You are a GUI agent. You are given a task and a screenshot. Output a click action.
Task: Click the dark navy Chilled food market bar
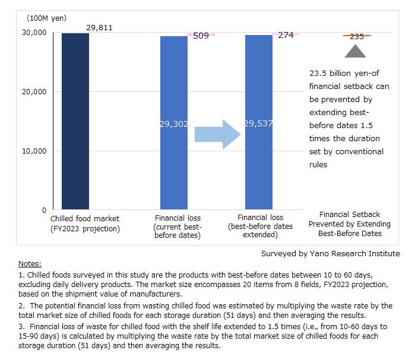[75, 121]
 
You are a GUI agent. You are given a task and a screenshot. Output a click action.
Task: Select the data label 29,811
[99, 27]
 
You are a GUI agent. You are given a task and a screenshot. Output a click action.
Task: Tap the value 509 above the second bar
[201, 36]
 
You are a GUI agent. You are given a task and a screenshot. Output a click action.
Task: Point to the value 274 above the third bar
[286, 36]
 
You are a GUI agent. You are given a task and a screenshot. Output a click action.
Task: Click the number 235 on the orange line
[357, 36]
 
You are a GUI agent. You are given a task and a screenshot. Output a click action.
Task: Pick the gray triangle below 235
[356, 52]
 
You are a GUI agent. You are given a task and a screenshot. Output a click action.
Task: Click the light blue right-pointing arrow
[217, 133]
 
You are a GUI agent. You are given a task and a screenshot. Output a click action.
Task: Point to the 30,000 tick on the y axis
[35, 33]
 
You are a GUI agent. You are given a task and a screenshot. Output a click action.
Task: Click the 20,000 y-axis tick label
[35, 92]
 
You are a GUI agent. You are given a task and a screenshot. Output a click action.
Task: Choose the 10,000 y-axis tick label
[35, 151]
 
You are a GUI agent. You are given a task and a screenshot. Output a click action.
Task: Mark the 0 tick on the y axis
[44, 210]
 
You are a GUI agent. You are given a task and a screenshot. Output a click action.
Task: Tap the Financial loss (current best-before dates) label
[178, 227]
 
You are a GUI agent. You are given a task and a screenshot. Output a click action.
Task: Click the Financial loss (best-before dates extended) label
[261, 226]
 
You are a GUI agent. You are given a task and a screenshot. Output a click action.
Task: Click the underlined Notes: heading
[30, 263]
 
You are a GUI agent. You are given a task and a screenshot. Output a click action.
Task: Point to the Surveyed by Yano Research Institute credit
[330, 253]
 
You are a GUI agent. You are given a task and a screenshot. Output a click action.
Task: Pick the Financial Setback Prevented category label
[349, 224]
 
